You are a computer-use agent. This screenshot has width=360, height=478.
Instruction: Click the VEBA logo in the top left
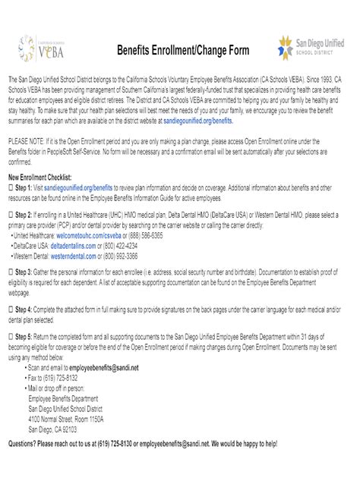pyautogui.click(x=37, y=49)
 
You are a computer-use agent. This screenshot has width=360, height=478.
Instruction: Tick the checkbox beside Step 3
pyautogui.click(x=10, y=271)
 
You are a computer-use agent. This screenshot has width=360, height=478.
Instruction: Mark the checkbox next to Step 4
pyautogui.click(x=10, y=310)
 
